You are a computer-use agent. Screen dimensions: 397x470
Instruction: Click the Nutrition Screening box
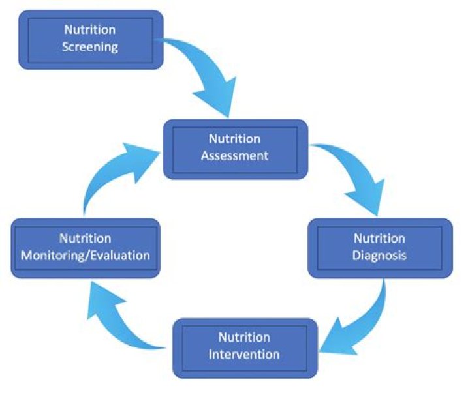tap(90, 39)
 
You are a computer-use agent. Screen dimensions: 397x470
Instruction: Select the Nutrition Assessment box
tap(235, 148)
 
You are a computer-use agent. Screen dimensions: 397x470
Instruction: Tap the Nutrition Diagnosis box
tap(379, 247)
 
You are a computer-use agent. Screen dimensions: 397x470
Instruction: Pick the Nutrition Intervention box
tap(245, 347)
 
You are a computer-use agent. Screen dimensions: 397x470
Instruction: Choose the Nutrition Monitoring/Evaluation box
tap(86, 247)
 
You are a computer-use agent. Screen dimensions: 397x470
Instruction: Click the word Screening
tap(91, 47)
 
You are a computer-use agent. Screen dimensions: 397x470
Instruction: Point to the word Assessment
tap(234, 156)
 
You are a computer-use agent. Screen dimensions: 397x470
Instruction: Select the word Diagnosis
tap(379, 256)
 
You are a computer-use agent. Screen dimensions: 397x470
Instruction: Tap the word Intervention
tap(244, 355)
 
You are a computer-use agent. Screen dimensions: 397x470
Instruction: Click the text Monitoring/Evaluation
tap(86, 256)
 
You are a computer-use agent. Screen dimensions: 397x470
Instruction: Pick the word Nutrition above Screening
tap(90, 29)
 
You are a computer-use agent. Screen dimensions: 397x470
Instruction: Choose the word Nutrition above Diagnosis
tap(379, 238)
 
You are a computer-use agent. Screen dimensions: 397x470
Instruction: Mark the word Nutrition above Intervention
tap(244, 338)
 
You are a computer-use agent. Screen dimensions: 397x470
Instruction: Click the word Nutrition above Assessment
tap(234, 139)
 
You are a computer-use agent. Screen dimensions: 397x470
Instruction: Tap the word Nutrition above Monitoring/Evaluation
tap(86, 238)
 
